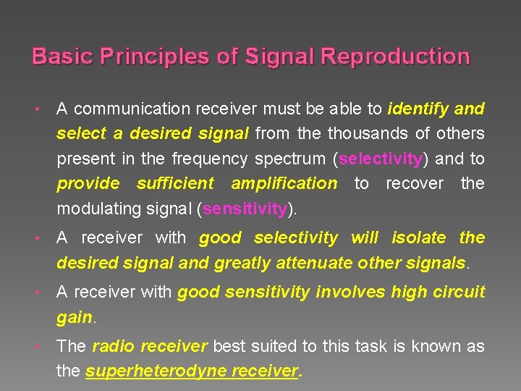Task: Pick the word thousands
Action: [359, 133]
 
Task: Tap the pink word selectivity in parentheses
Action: [380, 159]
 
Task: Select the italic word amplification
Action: [284, 183]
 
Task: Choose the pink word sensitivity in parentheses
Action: [245, 209]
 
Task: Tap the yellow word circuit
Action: [459, 292]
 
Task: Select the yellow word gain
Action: [75, 317]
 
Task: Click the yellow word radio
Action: [114, 346]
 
